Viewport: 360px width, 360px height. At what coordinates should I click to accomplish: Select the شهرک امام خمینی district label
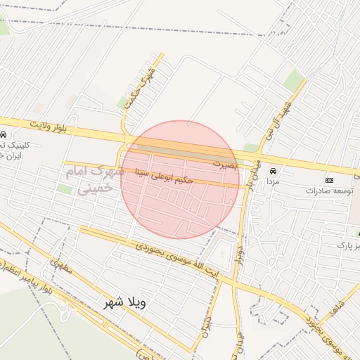[93, 179]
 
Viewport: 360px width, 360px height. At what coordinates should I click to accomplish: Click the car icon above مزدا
[273, 171]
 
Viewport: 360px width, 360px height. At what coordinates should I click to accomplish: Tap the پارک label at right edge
[345, 245]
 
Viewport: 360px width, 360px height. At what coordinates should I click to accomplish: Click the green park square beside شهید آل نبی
[294, 80]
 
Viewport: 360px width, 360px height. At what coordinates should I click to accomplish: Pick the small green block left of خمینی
[65, 189]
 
